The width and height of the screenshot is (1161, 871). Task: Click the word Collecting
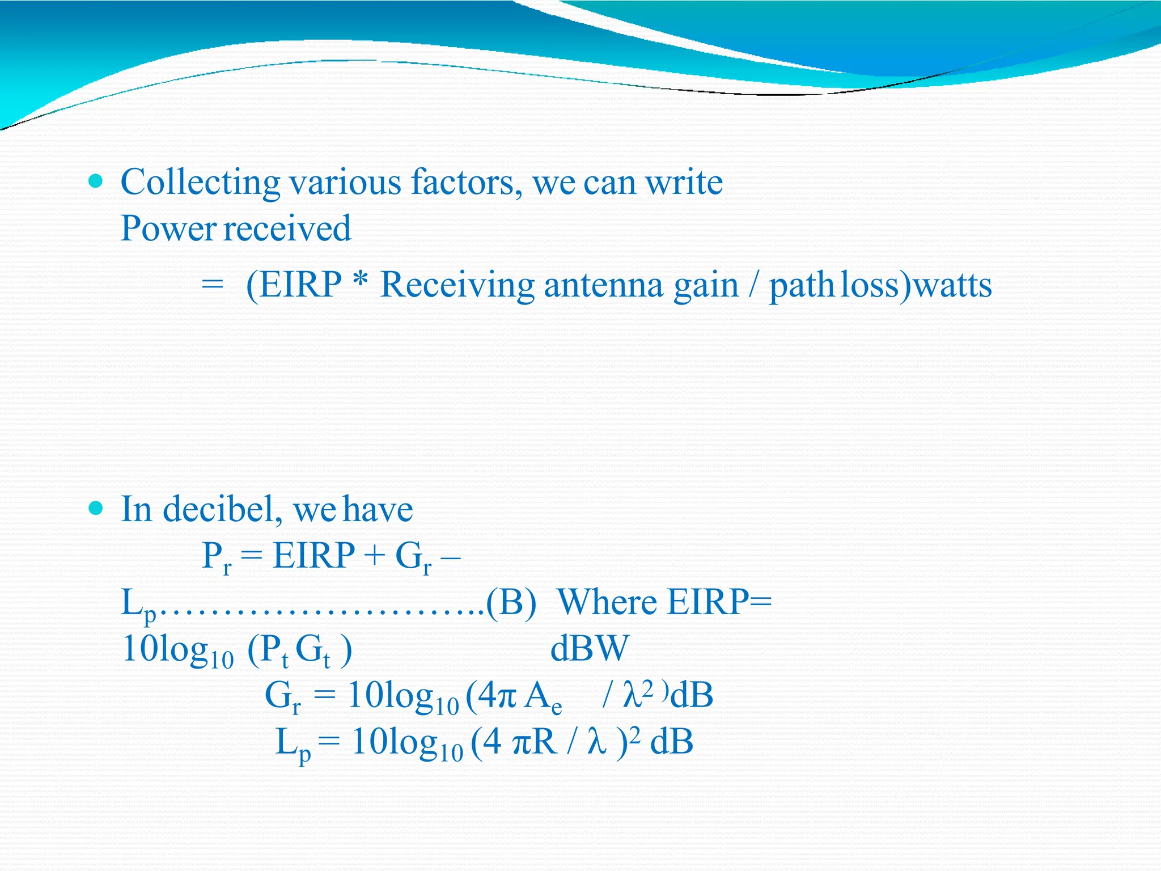(x=200, y=183)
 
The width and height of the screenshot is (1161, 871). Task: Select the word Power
(x=168, y=229)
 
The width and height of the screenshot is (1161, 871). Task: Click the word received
(x=287, y=229)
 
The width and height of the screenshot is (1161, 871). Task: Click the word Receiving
(x=457, y=285)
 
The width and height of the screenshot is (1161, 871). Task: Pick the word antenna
(x=603, y=285)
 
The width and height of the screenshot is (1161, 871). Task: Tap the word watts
(x=952, y=285)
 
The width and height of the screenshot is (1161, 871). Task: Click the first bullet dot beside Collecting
(x=96, y=181)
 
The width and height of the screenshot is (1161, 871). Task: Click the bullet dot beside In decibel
(x=96, y=508)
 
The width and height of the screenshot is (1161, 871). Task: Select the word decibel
(x=223, y=509)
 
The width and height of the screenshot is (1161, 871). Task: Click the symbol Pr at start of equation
(x=217, y=557)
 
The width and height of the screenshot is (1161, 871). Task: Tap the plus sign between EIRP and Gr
(x=374, y=556)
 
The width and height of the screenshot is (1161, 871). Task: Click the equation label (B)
(x=511, y=602)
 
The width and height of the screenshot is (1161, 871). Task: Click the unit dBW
(x=590, y=649)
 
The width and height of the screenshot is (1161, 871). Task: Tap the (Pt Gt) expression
(x=299, y=650)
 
